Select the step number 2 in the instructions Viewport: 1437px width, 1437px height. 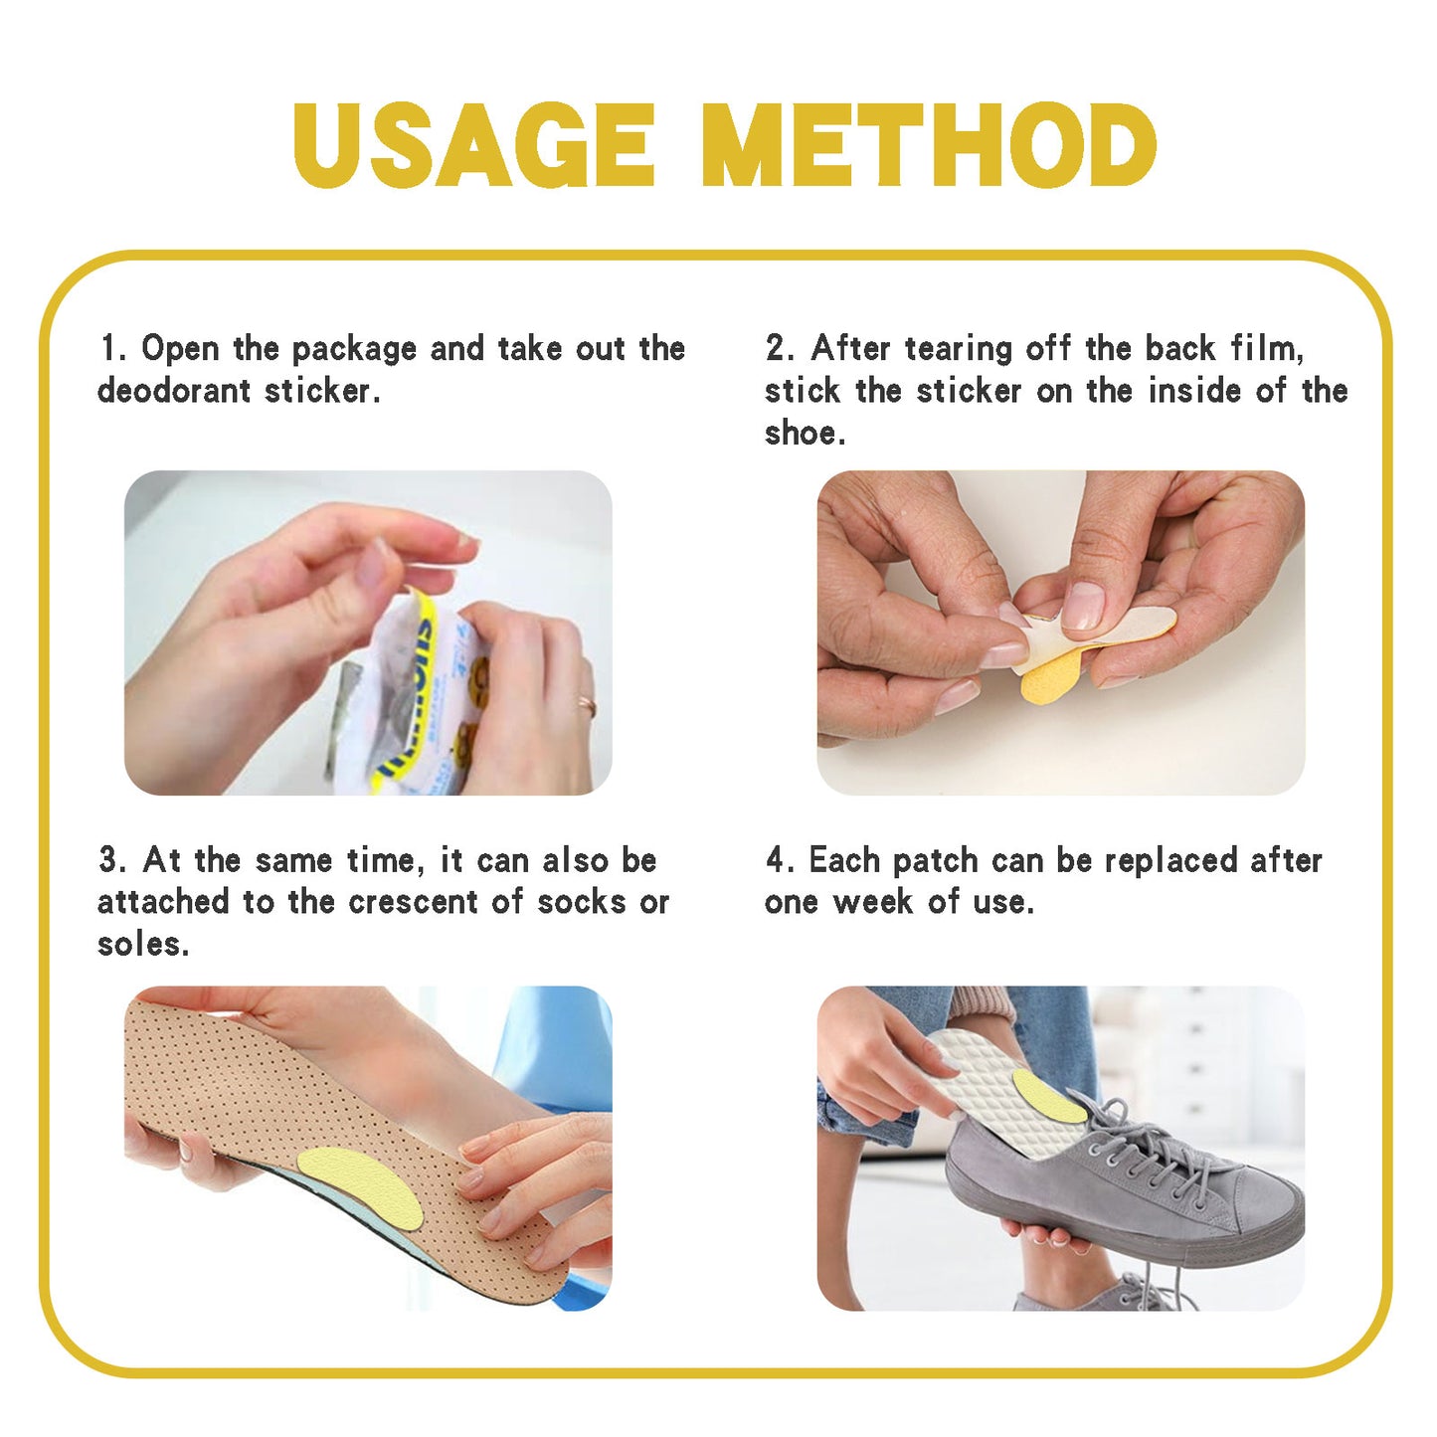point(778,349)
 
